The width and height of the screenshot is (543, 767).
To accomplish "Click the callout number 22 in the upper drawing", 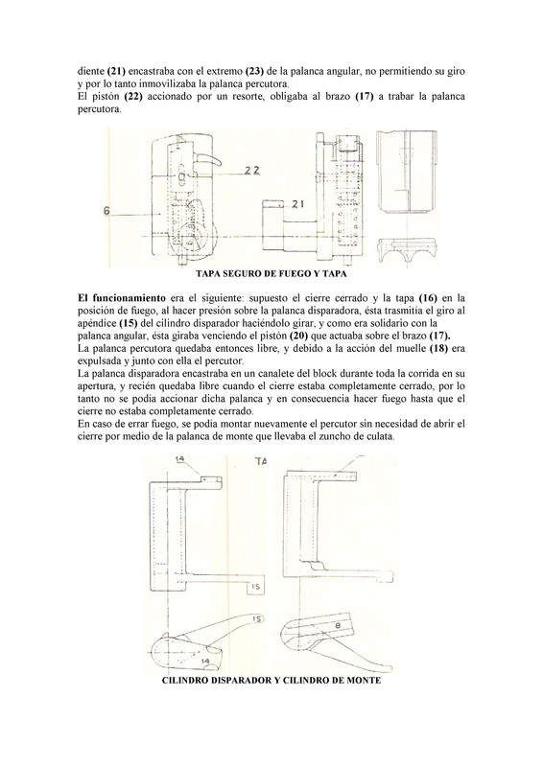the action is coord(252,171).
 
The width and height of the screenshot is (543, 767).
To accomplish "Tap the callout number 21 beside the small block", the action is coord(296,205).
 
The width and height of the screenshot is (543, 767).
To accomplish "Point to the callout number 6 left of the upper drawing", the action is coord(106,210).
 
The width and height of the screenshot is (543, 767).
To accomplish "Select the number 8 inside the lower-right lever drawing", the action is coord(338,625).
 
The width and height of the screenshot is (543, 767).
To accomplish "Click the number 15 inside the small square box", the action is coord(256,587).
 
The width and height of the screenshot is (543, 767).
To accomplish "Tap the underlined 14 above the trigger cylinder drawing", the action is coord(179,459).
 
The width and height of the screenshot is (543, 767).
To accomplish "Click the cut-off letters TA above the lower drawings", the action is coord(261,461).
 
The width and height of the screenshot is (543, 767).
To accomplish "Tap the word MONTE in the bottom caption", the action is coord(365,681).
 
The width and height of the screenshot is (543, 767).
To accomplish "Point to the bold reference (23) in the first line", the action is coord(254,71).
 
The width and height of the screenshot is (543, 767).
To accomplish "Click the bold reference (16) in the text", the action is coord(428,298).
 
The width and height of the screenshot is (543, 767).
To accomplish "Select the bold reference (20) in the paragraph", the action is coord(297,337).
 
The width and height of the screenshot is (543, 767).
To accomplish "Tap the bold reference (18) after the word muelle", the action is coord(438,349).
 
